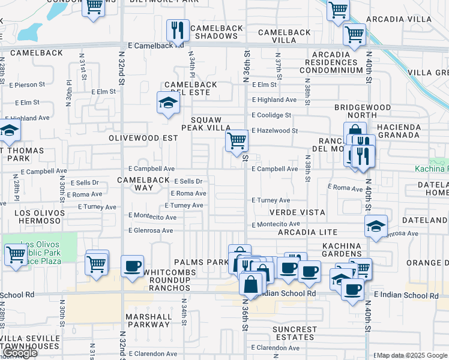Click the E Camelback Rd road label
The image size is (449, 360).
(156, 45)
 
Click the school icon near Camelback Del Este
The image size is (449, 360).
(167, 103)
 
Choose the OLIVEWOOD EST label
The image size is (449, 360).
(143, 137)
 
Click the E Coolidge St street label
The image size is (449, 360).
(271, 115)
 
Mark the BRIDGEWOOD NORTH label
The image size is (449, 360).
(363, 112)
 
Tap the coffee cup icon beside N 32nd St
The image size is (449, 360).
(132, 266)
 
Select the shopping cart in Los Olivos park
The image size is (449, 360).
(16, 254)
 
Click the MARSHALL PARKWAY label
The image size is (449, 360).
(148, 320)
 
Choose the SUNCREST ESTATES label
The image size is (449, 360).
(294, 333)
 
